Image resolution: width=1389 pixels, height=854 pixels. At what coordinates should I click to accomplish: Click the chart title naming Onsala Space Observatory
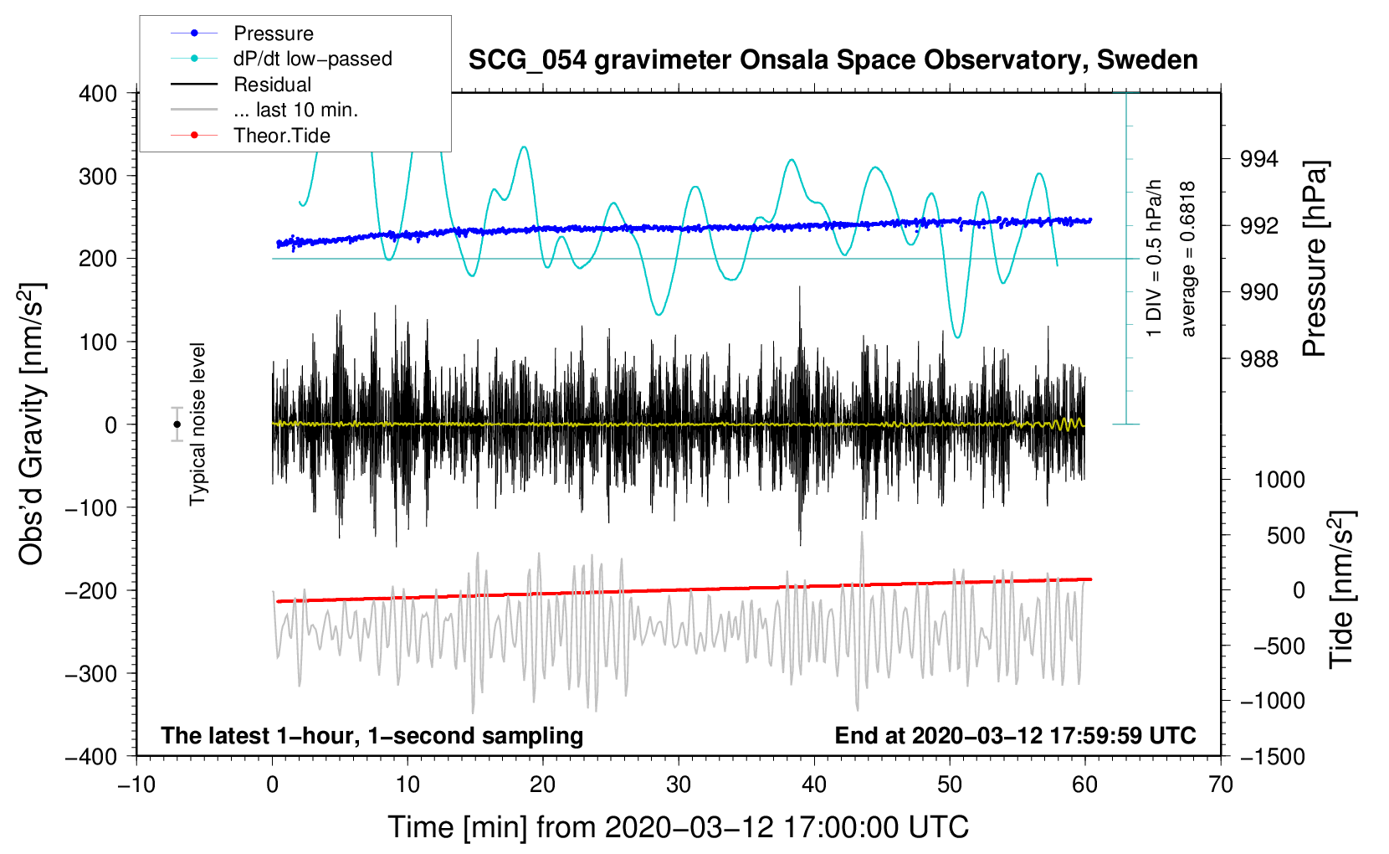(833, 60)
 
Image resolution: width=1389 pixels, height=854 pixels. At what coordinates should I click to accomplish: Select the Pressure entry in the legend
(273, 33)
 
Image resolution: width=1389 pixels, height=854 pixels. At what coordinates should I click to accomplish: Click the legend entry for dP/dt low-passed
(312, 59)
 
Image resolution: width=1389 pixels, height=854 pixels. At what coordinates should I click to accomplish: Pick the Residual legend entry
(272, 85)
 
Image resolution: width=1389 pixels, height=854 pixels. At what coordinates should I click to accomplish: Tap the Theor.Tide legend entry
(281, 136)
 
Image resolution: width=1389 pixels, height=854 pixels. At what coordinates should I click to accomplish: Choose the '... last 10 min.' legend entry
(295, 110)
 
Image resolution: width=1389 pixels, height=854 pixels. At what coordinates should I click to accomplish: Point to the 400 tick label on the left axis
(98, 93)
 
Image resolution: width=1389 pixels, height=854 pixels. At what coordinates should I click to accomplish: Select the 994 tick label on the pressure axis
(1259, 159)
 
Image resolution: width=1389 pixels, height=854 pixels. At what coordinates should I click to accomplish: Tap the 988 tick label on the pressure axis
(1259, 359)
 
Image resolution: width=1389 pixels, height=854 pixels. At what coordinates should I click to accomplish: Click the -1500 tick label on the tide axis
(1273, 756)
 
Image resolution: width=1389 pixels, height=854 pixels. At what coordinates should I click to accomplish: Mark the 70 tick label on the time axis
(1221, 785)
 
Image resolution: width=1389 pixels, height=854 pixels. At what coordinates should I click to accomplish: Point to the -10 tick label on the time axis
(136, 785)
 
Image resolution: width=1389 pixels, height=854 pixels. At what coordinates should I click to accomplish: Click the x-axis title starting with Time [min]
(679, 827)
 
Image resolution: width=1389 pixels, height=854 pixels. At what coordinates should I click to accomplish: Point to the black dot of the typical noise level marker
(177, 424)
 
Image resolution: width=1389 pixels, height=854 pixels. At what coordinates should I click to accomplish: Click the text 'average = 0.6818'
(1188, 260)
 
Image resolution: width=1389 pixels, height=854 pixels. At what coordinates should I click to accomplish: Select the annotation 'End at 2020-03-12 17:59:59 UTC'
(1015, 735)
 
